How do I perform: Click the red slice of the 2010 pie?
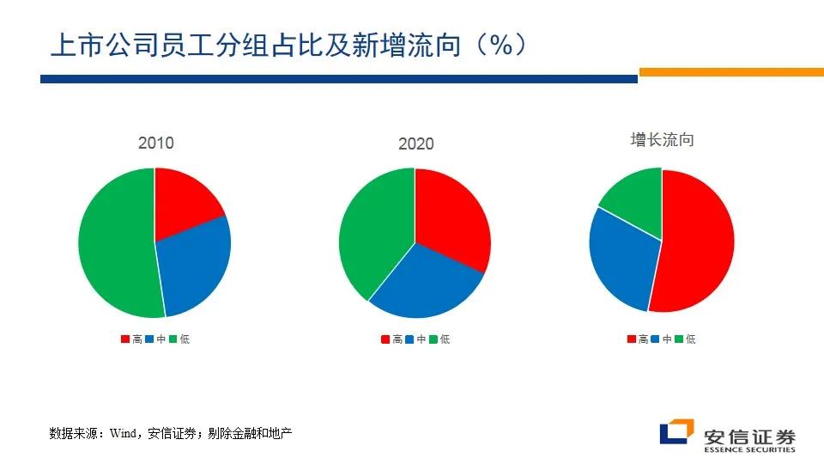pyautogui.click(x=182, y=202)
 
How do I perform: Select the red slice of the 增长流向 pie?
pyautogui.click(x=695, y=245)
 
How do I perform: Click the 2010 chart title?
pyautogui.click(x=155, y=143)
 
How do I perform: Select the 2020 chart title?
pyautogui.click(x=416, y=143)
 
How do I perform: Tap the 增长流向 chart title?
pyautogui.click(x=662, y=140)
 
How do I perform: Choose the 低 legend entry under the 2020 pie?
pyautogui.click(x=439, y=339)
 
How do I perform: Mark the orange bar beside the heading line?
pyautogui.click(x=730, y=73)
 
